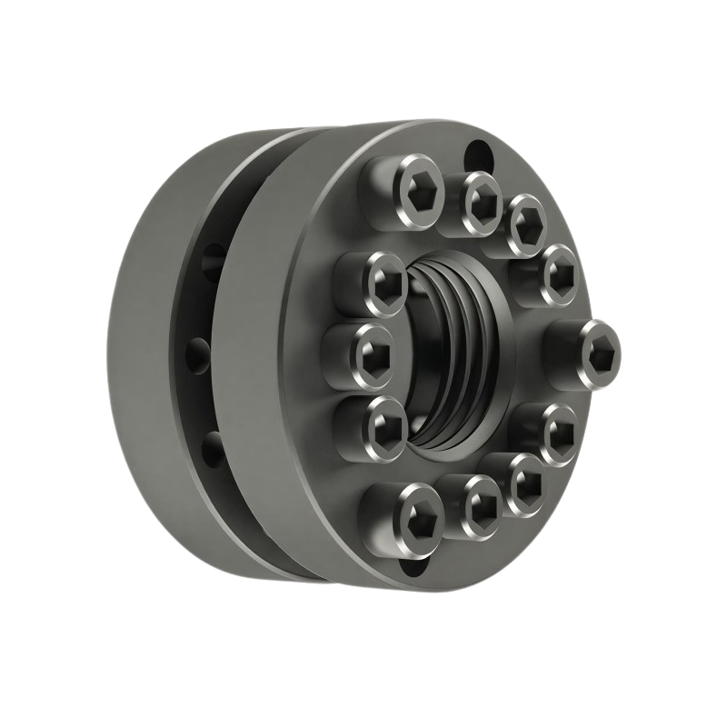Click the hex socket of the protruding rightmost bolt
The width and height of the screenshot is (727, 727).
coord(601,347)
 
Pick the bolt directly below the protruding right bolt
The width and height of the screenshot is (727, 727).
coord(556,431)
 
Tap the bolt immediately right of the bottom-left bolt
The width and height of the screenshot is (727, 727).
coord(478,504)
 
